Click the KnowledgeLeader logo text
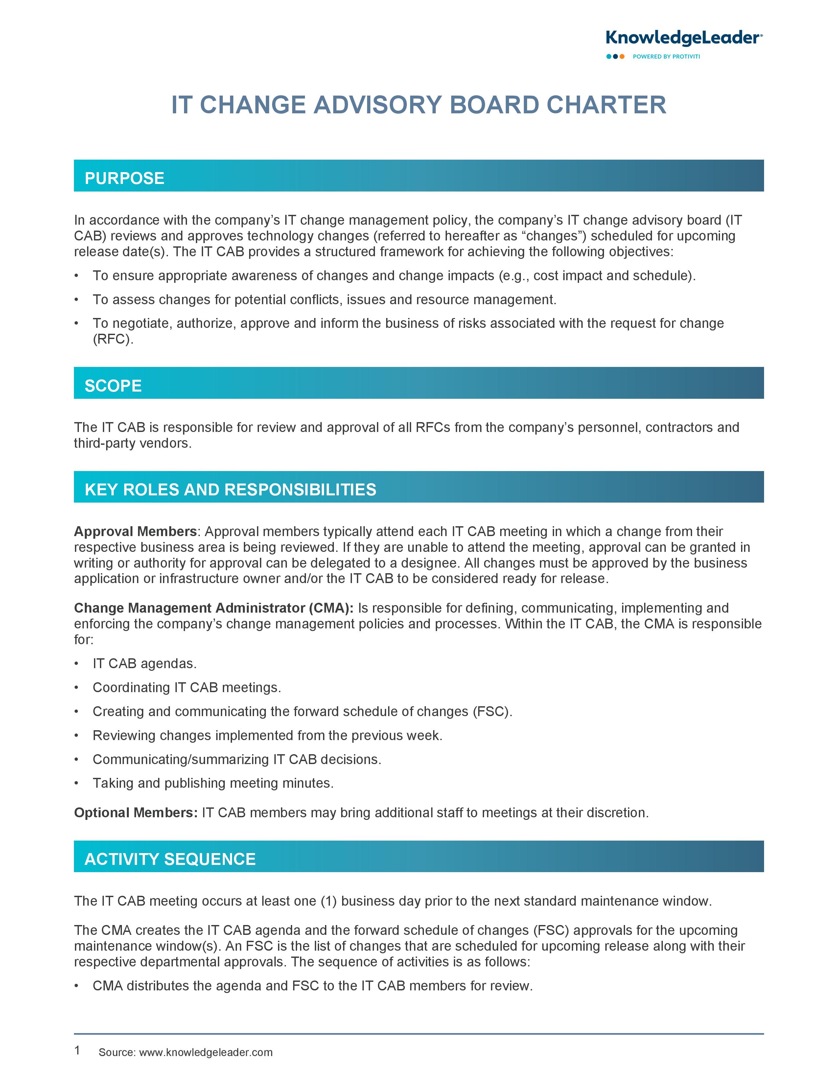683,38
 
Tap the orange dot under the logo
622,56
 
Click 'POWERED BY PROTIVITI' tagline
666,56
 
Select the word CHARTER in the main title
606,105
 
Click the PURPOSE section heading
124,178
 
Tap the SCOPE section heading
113,386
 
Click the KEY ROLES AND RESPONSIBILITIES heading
230,489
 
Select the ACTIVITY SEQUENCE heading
170,859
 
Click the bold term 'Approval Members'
135,531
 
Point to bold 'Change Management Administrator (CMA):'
214,608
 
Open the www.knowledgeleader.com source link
205,1052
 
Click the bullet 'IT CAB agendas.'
145,664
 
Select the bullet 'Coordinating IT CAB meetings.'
187,688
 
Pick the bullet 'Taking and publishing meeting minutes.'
213,783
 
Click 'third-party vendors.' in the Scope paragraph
132,443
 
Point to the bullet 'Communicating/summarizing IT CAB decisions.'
237,759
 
